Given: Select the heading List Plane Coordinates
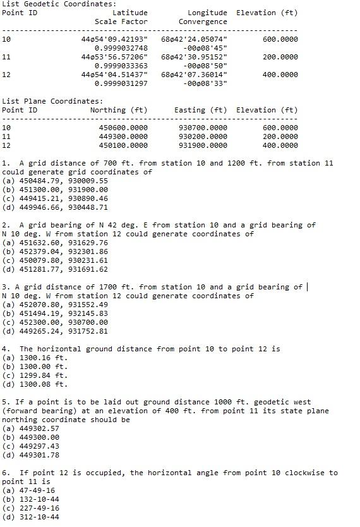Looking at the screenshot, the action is [52, 101].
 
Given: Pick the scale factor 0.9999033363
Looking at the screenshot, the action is [121, 66].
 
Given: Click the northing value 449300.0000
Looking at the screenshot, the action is [123, 136].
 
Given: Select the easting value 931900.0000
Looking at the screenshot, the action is [203, 145].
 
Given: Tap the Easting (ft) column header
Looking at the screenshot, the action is [200, 110].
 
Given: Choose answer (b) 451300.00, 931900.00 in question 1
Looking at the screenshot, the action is [55, 190].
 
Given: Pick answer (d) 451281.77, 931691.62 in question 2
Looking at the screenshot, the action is [55, 269].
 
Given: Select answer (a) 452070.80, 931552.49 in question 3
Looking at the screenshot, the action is [55, 305].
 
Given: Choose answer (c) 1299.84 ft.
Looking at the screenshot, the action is [35, 375].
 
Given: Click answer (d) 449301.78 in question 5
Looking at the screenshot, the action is [31, 455].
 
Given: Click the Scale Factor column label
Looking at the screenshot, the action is [121, 21].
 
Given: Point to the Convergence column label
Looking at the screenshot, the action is [203, 21].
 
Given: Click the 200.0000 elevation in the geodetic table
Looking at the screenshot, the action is [280, 57].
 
